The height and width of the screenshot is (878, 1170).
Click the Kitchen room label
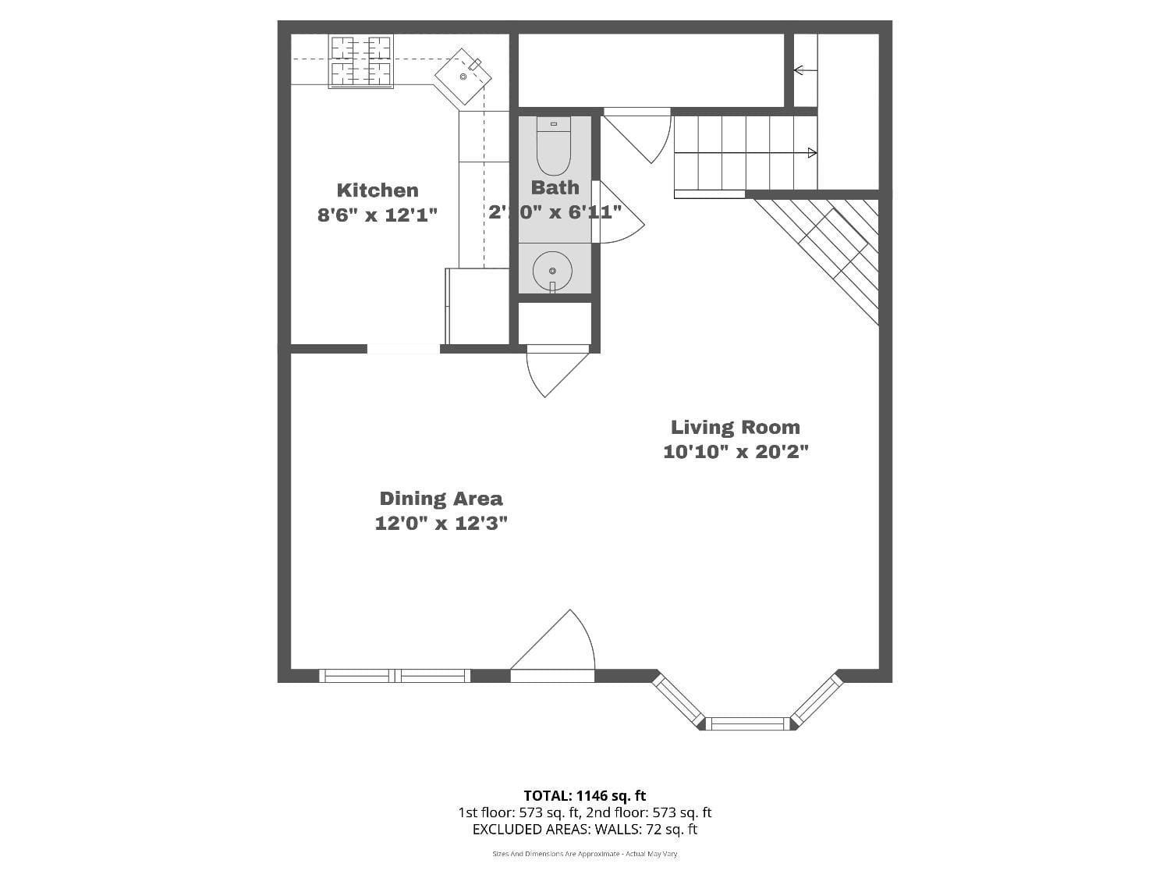click(x=378, y=190)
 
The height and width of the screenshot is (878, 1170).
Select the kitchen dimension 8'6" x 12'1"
click(x=378, y=215)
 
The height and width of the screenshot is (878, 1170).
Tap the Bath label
click(x=555, y=187)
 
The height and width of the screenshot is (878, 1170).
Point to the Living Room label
click(x=736, y=427)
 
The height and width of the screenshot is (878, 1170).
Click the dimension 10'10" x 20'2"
click(x=736, y=451)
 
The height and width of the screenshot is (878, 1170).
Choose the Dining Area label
click(x=441, y=499)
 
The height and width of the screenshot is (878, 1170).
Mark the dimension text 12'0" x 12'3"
click(x=441, y=523)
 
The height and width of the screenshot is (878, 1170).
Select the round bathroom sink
click(x=552, y=271)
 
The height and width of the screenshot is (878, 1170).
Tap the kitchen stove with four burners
click(x=360, y=61)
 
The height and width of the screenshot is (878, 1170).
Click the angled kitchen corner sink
click(x=463, y=76)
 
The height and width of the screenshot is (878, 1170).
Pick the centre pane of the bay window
click(x=747, y=723)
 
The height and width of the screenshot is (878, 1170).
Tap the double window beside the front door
click(x=395, y=676)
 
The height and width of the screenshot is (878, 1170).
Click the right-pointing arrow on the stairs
click(x=811, y=153)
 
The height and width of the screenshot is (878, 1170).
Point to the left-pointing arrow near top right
click(x=799, y=70)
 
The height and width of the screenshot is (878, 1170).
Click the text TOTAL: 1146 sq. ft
click(x=584, y=796)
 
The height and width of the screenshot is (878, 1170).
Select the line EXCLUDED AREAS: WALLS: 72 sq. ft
click(x=584, y=830)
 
